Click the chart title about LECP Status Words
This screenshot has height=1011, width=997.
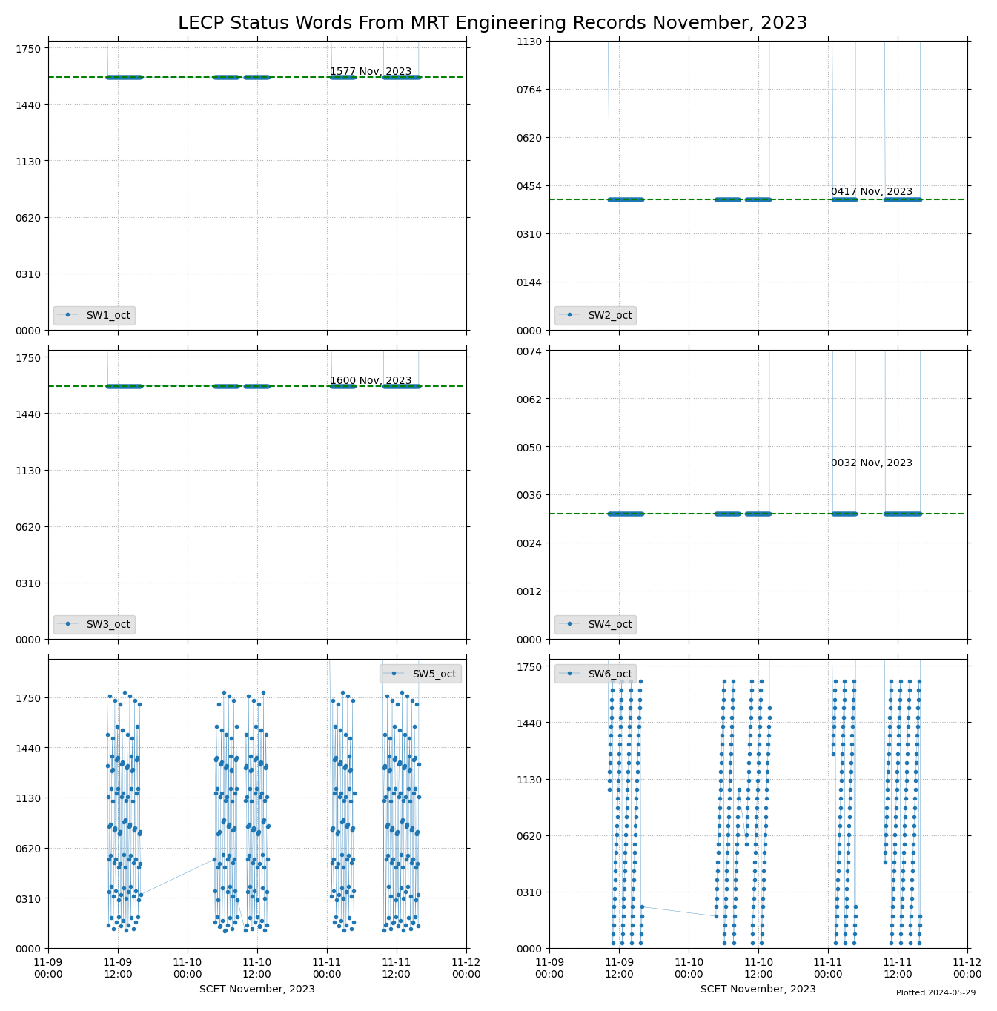coord(492,23)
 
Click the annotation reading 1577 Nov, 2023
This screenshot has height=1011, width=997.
coord(371,72)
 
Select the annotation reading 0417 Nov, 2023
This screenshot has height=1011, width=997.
coord(872,192)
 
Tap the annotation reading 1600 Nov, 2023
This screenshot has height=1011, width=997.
coord(371,381)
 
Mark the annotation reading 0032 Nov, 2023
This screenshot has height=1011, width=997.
coord(872,463)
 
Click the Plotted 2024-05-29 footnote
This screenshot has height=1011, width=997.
coord(935,992)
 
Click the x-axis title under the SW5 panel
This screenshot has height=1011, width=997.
coord(257,989)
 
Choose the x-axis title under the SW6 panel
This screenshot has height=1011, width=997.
coord(758,989)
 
